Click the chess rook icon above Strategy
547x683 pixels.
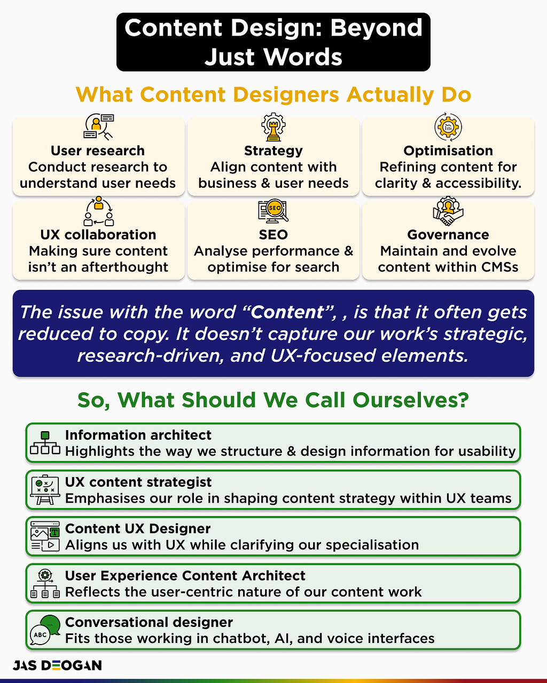[x=273, y=127]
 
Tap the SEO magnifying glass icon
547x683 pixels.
[x=273, y=210]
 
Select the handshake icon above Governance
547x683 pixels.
[x=448, y=211]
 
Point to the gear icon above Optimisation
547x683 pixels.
[x=448, y=126]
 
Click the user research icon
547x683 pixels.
[x=98, y=126]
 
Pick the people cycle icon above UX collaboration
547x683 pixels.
[x=98, y=211]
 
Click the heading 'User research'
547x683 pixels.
[x=98, y=151]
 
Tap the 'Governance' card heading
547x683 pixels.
[x=448, y=235]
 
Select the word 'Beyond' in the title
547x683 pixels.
[x=376, y=29]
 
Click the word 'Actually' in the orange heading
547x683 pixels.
[x=390, y=95]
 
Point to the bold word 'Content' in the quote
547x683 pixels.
[x=287, y=312]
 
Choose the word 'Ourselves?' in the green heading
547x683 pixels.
[x=411, y=400]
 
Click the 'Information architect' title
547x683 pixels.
[x=138, y=435]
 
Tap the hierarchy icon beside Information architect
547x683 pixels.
[x=45, y=443]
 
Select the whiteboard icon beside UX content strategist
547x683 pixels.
[x=45, y=490]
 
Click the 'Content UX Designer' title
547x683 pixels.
[x=138, y=529]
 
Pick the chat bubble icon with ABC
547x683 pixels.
[x=45, y=630]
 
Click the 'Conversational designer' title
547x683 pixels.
[x=149, y=622]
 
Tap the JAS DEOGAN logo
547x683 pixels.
[x=57, y=665]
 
